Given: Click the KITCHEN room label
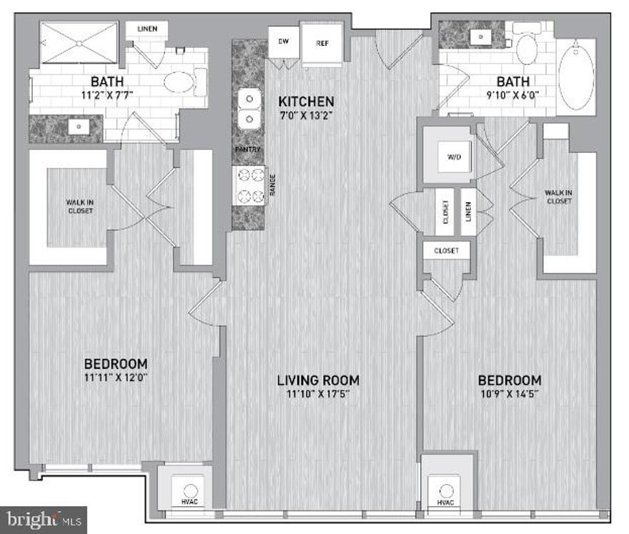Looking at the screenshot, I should (x=306, y=101).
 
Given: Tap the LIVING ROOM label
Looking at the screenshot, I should (x=318, y=380).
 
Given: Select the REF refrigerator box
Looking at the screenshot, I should (x=322, y=44).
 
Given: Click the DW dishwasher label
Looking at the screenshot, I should (x=283, y=41).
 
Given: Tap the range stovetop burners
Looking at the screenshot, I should (x=248, y=185).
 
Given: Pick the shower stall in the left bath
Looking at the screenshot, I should (x=79, y=44).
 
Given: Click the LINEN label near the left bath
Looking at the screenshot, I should (x=147, y=30).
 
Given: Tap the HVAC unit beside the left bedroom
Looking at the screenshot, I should (x=190, y=493).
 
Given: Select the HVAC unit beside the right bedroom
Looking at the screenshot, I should (x=447, y=493).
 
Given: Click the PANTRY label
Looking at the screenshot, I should (x=247, y=149).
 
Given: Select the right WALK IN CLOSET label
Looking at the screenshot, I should (x=558, y=197).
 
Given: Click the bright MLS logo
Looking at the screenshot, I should (x=43, y=518).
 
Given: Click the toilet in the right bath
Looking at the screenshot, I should (x=528, y=50).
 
